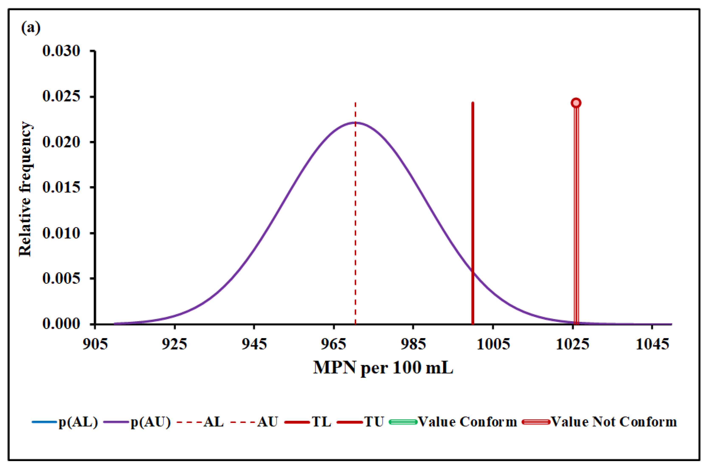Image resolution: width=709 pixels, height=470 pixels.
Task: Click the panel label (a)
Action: point(31,28)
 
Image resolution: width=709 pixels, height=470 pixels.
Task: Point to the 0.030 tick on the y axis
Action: point(61,51)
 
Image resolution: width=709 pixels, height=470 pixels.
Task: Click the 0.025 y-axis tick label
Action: point(61,97)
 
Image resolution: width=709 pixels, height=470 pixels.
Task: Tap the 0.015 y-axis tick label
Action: point(61,187)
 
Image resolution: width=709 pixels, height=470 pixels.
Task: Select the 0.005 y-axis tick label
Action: point(61,279)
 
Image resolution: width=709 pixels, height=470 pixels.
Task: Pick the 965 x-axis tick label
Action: point(333,344)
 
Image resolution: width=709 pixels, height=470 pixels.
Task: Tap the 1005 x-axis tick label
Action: point(493,344)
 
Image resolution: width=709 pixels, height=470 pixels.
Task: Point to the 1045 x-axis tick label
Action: point(652,344)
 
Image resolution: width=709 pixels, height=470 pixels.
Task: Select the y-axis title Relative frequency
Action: point(25,189)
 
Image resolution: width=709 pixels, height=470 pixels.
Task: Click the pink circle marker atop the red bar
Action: point(576,103)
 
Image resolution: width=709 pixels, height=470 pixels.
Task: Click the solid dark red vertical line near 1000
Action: point(473,210)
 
